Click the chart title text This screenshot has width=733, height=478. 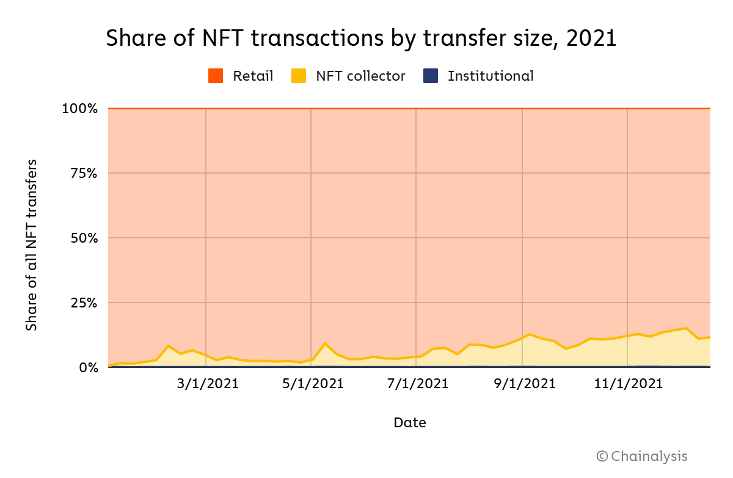(x=361, y=39)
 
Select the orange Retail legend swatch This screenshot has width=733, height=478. (x=216, y=76)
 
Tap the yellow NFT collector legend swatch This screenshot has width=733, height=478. (x=299, y=76)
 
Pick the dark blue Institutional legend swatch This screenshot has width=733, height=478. (x=431, y=76)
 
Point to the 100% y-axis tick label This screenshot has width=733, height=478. (x=79, y=109)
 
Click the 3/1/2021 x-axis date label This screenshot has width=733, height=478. (x=208, y=384)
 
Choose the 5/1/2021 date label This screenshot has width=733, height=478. (x=313, y=384)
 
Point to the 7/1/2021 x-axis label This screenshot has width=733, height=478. (x=418, y=384)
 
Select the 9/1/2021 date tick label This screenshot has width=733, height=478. (x=524, y=384)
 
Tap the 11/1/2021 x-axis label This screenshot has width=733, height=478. (x=629, y=384)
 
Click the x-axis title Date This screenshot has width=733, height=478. (x=410, y=422)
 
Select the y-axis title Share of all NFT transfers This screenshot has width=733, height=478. (x=32, y=245)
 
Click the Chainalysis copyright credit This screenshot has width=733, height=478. (x=642, y=456)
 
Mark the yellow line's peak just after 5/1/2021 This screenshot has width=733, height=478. (x=325, y=344)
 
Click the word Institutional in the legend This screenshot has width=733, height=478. (x=490, y=76)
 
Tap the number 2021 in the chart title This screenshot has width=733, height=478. (x=591, y=39)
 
